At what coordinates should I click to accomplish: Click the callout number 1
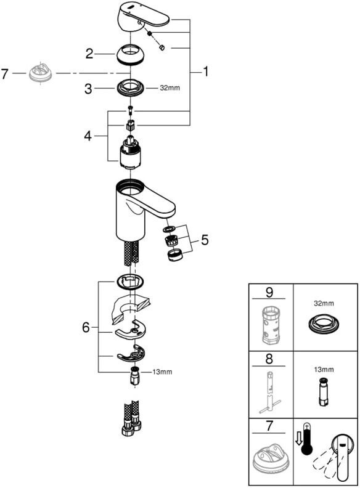pos(205,72)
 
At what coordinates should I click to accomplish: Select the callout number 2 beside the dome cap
pos(89,54)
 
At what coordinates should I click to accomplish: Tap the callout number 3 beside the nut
pos(88,89)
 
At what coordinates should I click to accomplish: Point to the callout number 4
pos(88,136)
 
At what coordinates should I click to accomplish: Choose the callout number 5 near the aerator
pos(205,240)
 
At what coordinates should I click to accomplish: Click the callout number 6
pos(86,327)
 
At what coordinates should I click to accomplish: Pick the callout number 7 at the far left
pos(4,74)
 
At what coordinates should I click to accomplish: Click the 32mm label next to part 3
pos(170,88)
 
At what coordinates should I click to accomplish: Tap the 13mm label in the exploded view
pos(162,372)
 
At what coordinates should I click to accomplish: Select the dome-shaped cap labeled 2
pos(130,54)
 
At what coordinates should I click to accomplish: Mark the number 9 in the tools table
pos(269,293)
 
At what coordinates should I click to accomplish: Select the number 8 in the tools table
pos(269,359)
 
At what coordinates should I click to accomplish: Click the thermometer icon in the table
pos(307,439)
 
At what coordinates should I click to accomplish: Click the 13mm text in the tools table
pos(324,370)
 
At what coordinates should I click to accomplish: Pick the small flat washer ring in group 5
pos(169,230)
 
